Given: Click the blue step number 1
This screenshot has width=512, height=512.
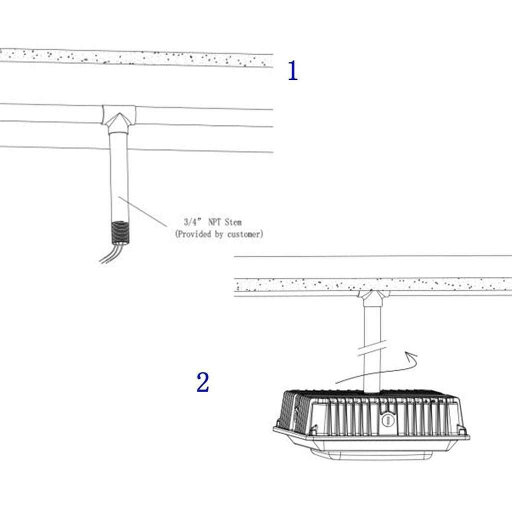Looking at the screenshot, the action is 293,70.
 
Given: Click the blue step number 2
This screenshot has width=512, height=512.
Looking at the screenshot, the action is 203,382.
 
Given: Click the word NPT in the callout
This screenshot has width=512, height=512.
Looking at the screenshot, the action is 214,222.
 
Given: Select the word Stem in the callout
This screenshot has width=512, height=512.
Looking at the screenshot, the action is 233,222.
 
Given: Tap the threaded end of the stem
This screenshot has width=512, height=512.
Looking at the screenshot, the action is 120,233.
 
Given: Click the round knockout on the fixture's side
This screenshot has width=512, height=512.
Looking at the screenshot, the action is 388,419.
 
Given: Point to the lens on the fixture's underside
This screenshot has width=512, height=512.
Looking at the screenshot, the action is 372,454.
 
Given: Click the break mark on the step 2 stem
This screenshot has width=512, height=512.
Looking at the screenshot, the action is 372,348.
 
